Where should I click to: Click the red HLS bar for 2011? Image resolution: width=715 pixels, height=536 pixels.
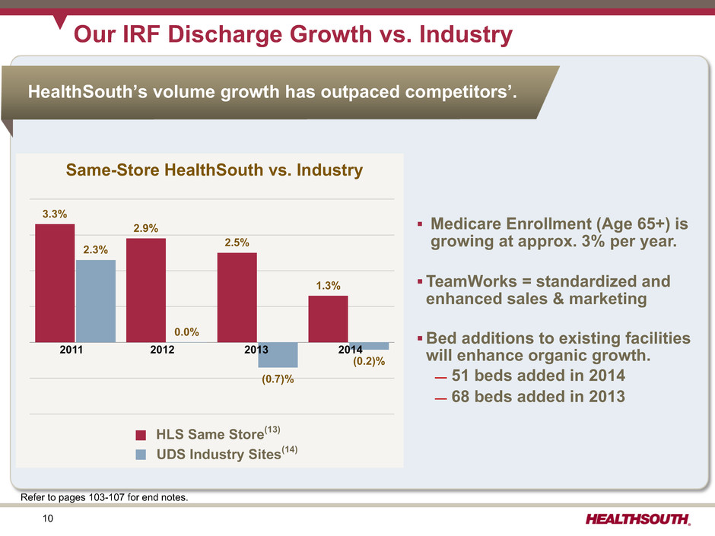[55, 283]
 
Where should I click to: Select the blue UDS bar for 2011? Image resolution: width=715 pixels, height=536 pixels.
[96, 301]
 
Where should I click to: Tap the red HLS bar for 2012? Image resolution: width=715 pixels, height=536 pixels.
[146, 290]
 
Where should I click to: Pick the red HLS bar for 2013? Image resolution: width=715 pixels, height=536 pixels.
[237, 297]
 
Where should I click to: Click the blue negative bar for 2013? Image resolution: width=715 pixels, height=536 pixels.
[278, 355]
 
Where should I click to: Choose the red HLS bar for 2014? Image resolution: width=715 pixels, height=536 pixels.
[328, 319]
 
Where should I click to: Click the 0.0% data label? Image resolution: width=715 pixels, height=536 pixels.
[186, 331]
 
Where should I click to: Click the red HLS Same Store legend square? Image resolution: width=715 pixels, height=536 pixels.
[141, 436]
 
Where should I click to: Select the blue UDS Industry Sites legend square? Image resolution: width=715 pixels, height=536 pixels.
[141, 455]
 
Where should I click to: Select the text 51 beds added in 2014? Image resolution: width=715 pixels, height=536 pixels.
[538, 376]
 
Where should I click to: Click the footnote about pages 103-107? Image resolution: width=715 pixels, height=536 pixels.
[103, 498]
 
